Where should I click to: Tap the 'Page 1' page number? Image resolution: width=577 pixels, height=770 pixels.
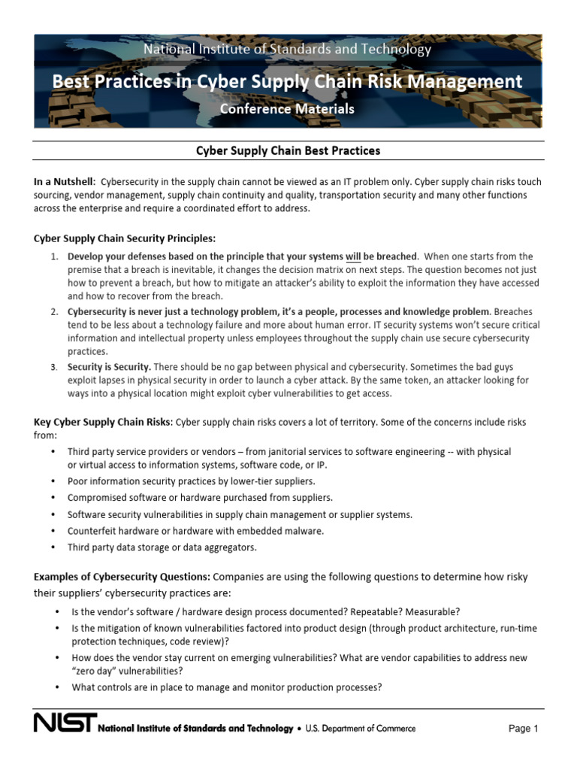pos(524,728)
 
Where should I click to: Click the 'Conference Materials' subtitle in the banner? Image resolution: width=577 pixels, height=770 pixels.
pos(287,109)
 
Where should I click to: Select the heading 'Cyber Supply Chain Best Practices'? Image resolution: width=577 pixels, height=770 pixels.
pos(288,150)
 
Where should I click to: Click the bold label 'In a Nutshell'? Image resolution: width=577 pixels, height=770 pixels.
pos(64,182)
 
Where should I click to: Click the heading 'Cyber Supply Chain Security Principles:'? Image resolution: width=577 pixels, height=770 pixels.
pos(124,238)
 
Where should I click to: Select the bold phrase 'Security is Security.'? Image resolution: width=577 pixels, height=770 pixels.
pos(109,367)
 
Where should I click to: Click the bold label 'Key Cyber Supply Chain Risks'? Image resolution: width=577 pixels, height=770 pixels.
pos(103,422)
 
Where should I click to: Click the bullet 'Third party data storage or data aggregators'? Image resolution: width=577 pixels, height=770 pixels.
pos(162,547)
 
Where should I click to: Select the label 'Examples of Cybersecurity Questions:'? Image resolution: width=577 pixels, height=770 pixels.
pos(122,577)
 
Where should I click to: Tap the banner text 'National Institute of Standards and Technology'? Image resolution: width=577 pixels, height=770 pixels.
pos(287,50)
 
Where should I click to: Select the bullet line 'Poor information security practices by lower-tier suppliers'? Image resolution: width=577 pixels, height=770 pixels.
pos(191,480)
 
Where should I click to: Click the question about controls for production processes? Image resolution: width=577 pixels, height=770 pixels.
pos(227,687)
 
